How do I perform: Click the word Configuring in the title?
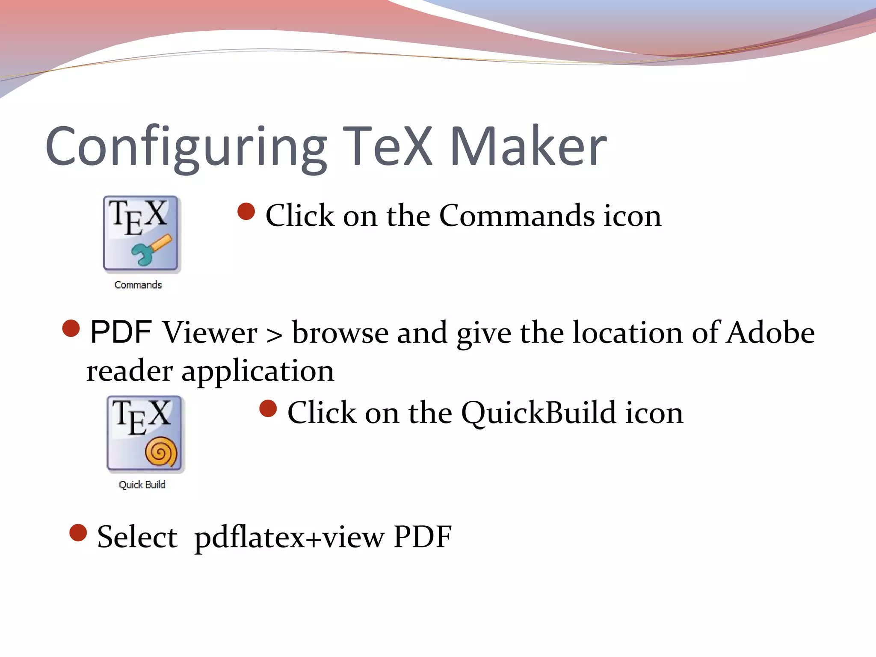click(186, 148)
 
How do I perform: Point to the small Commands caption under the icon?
click(138, 285)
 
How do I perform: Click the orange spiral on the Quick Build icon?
click(161, 452)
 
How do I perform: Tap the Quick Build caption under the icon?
click(142, 485)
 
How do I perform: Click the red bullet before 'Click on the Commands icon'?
click(246, 212)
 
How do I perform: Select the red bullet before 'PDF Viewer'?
click(71, 328)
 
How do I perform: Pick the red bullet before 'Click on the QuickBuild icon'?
click(268, 408)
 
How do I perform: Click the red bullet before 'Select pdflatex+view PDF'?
click(78, 533)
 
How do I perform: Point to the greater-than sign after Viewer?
click(274, 335)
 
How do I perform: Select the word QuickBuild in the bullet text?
click(539, 413)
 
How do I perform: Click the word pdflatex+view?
click(289, 537)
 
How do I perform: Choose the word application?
click(257, 371)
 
